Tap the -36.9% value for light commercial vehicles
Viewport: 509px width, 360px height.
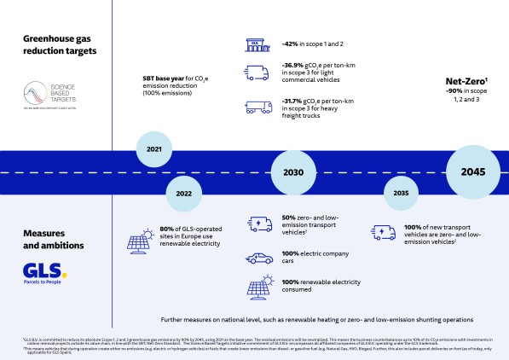pos(295,66)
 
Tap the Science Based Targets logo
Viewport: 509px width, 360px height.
pos(45,94)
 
